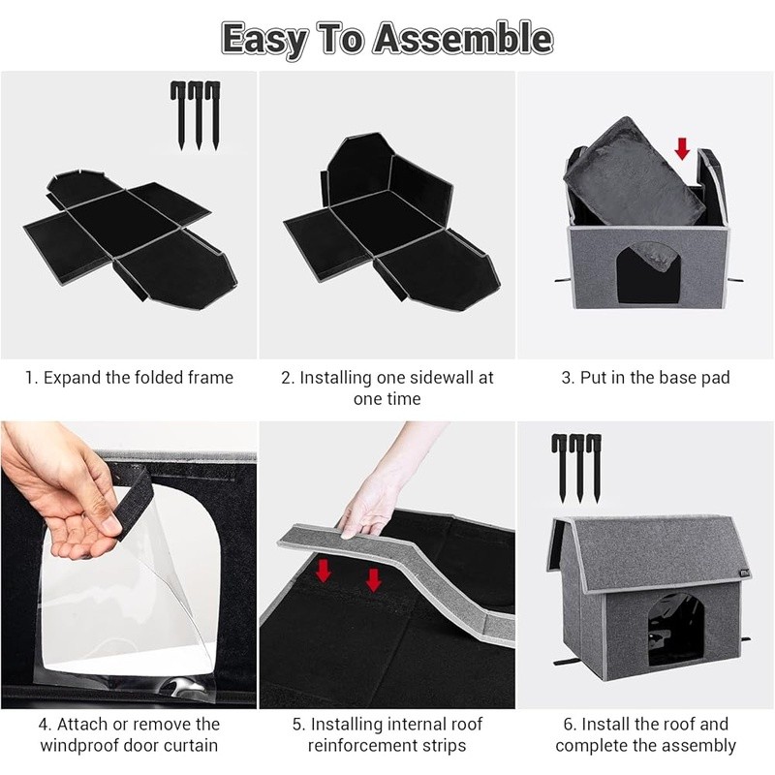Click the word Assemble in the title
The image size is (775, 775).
[463, 39]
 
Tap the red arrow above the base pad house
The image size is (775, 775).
[682, 149]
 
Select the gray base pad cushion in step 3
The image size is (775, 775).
[635, 170]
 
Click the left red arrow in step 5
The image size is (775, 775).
[324, 571]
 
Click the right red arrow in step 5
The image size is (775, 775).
[374, 579]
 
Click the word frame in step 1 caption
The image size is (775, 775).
[210, 378]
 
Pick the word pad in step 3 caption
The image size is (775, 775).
[716, 378]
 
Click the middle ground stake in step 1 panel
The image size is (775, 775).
[198, 115]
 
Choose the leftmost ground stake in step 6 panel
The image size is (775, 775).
[561, 468]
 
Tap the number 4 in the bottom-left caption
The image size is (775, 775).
[44, 724]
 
